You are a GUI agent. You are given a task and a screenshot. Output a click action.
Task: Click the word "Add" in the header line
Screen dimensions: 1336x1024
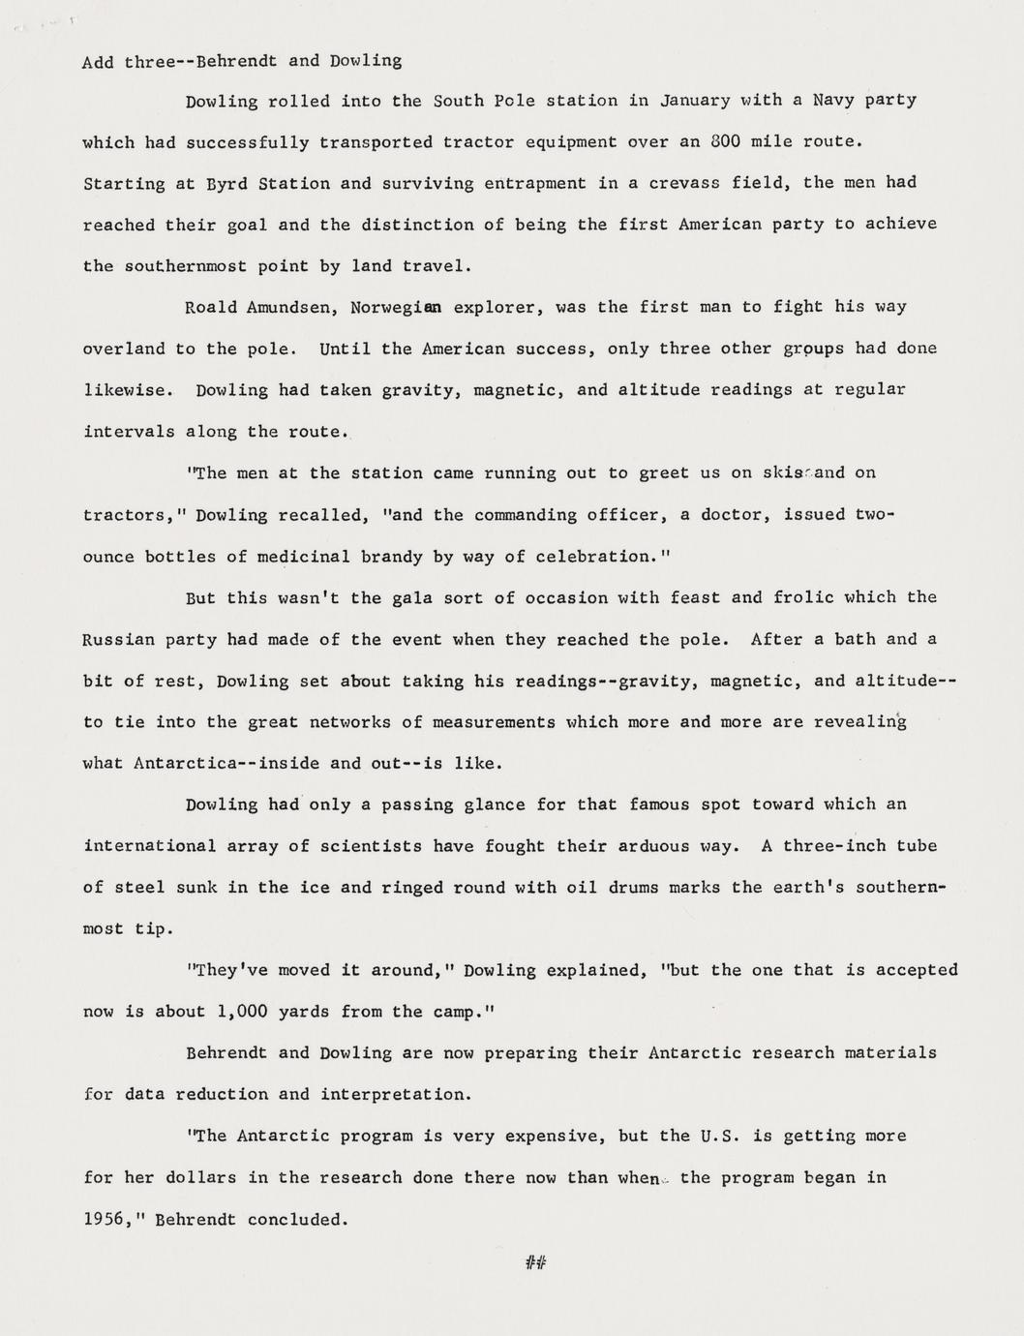[x=98, y=62]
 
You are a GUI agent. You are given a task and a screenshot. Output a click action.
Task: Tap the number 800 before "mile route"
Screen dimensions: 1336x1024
[x=726, y=141]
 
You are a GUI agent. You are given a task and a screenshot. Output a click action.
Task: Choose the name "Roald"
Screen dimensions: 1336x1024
[x=210, y=308]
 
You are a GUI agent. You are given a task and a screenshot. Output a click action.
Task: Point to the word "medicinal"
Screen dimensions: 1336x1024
[x=303, y=557]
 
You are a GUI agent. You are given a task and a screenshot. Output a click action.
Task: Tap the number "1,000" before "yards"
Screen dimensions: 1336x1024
[x=241, y=1013]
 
